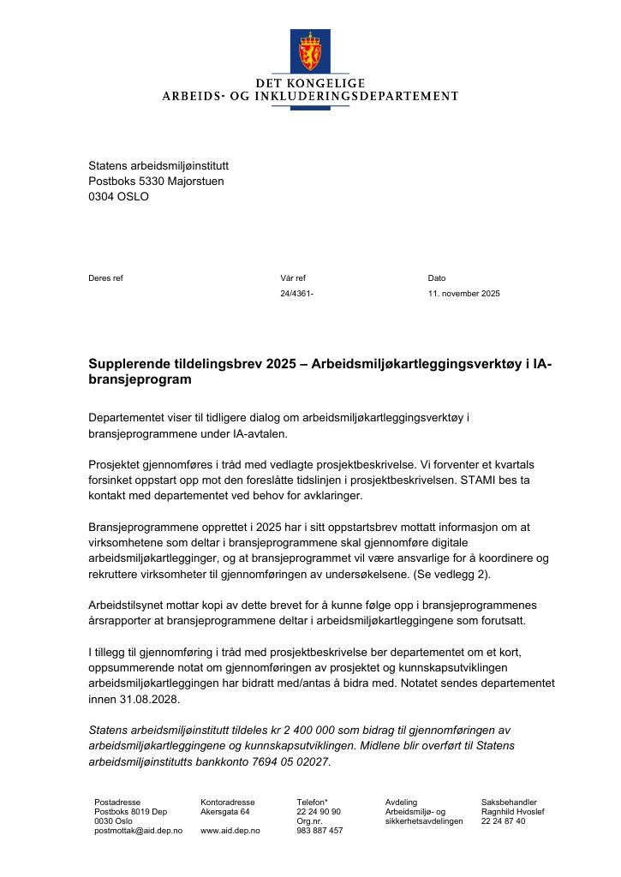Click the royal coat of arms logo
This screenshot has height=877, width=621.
click(310, 51)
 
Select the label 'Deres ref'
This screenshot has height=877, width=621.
click(105, 278)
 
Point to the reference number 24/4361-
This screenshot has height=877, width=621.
click(296, 294)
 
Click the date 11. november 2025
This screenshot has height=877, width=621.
click(463, 294)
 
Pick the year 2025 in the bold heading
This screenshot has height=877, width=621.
click(280, 364)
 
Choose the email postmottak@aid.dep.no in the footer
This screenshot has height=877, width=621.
click(139, 831)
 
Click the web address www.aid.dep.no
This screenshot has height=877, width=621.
click(230, 831)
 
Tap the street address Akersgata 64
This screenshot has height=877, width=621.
click(225, 811)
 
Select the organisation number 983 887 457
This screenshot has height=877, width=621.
click(319, 831)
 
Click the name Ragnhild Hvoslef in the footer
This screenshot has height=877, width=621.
click(513, 811)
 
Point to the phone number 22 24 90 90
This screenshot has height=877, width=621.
click(319, 811)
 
